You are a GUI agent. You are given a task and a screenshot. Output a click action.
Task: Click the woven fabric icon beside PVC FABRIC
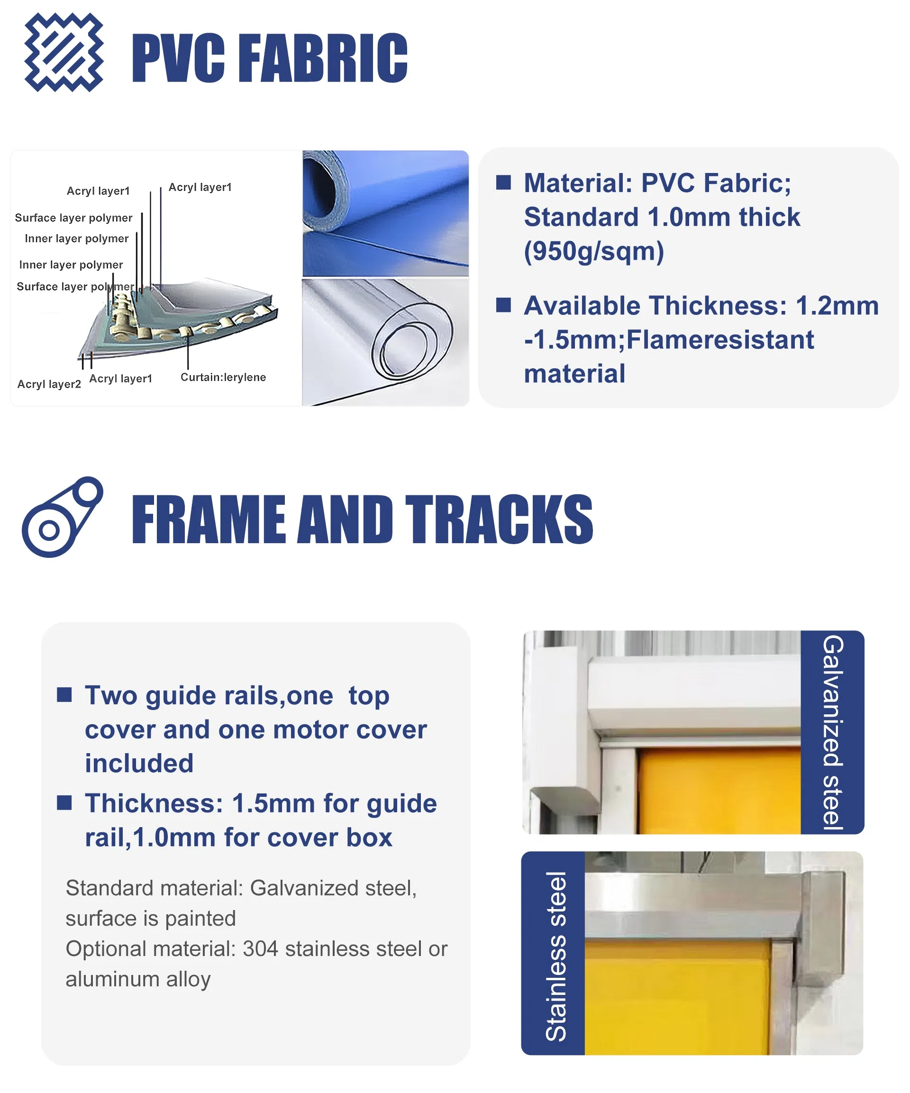point(64,52)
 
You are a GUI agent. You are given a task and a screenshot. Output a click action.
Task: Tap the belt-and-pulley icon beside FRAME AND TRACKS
point(62,516)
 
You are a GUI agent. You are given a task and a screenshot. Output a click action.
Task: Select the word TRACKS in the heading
point(499,519)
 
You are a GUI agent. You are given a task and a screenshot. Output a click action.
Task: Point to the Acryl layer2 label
point(49,384)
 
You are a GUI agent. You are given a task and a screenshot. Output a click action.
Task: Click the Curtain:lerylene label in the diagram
point(223,377)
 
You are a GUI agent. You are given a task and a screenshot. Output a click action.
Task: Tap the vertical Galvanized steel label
point(832,732)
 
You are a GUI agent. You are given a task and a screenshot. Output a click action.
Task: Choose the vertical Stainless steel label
point(555,957)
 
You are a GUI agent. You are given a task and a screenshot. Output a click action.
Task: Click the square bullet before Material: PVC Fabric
point(503,182)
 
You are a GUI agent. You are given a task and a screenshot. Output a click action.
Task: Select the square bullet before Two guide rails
point(64,695)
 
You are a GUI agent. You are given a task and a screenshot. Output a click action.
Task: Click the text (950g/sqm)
point(593,251)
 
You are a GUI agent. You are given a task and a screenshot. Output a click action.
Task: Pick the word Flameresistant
point(720,340)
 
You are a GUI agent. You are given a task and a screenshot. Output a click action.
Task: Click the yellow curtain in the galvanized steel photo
point(719,791)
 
